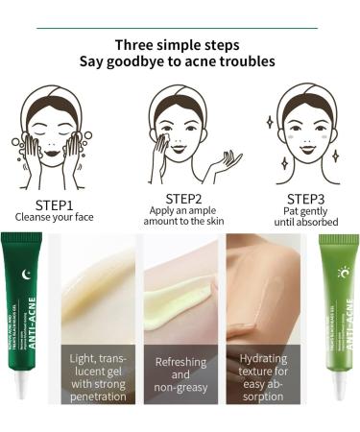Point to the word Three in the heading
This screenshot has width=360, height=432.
135,44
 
